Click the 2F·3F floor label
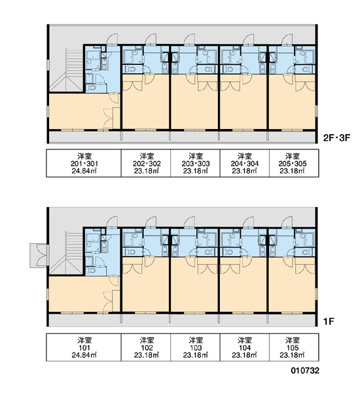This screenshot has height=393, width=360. pyautogui.click(x=336, y=138)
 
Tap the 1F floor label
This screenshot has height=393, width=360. pyautogui.click(x=329, y=322)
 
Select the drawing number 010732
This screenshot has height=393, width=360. pyautogui.click(x=305, y=371)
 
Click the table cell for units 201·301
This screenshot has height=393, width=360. pyautogui.click(x=84, y=163)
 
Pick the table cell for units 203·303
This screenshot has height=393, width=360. pyautogui.click(x=196, y=163)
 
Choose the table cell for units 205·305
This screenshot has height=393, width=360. pyautogui.click(x=294, y=163)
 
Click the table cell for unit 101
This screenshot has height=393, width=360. pyautogui.click(x=84, y=347)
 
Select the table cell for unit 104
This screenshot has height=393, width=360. pyautogui.click(x=245, y=347)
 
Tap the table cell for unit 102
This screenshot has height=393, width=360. pyautogui.click(x=146, y=347)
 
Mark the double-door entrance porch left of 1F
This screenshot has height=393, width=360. pyautogui.click(x=39, y=255)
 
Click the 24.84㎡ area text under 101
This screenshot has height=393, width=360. pyautogui.click(x=84, y=355)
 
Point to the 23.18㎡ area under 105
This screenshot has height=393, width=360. pyautogui.click(x=293, y=355)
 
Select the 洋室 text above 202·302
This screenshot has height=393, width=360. pyautogui.click(x=147, y=157)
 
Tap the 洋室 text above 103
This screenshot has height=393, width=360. pyautogui.click(x=196, y=341)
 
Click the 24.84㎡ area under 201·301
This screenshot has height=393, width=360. pyautogui.click(x=84, y=171)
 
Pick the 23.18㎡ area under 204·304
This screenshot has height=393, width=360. pyautogui.click(x=245, y=171)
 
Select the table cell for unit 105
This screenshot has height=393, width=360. pyautogui.click(x=294, y=347)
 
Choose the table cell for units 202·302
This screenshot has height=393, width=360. pyautogui.click(x=146, y=163)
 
